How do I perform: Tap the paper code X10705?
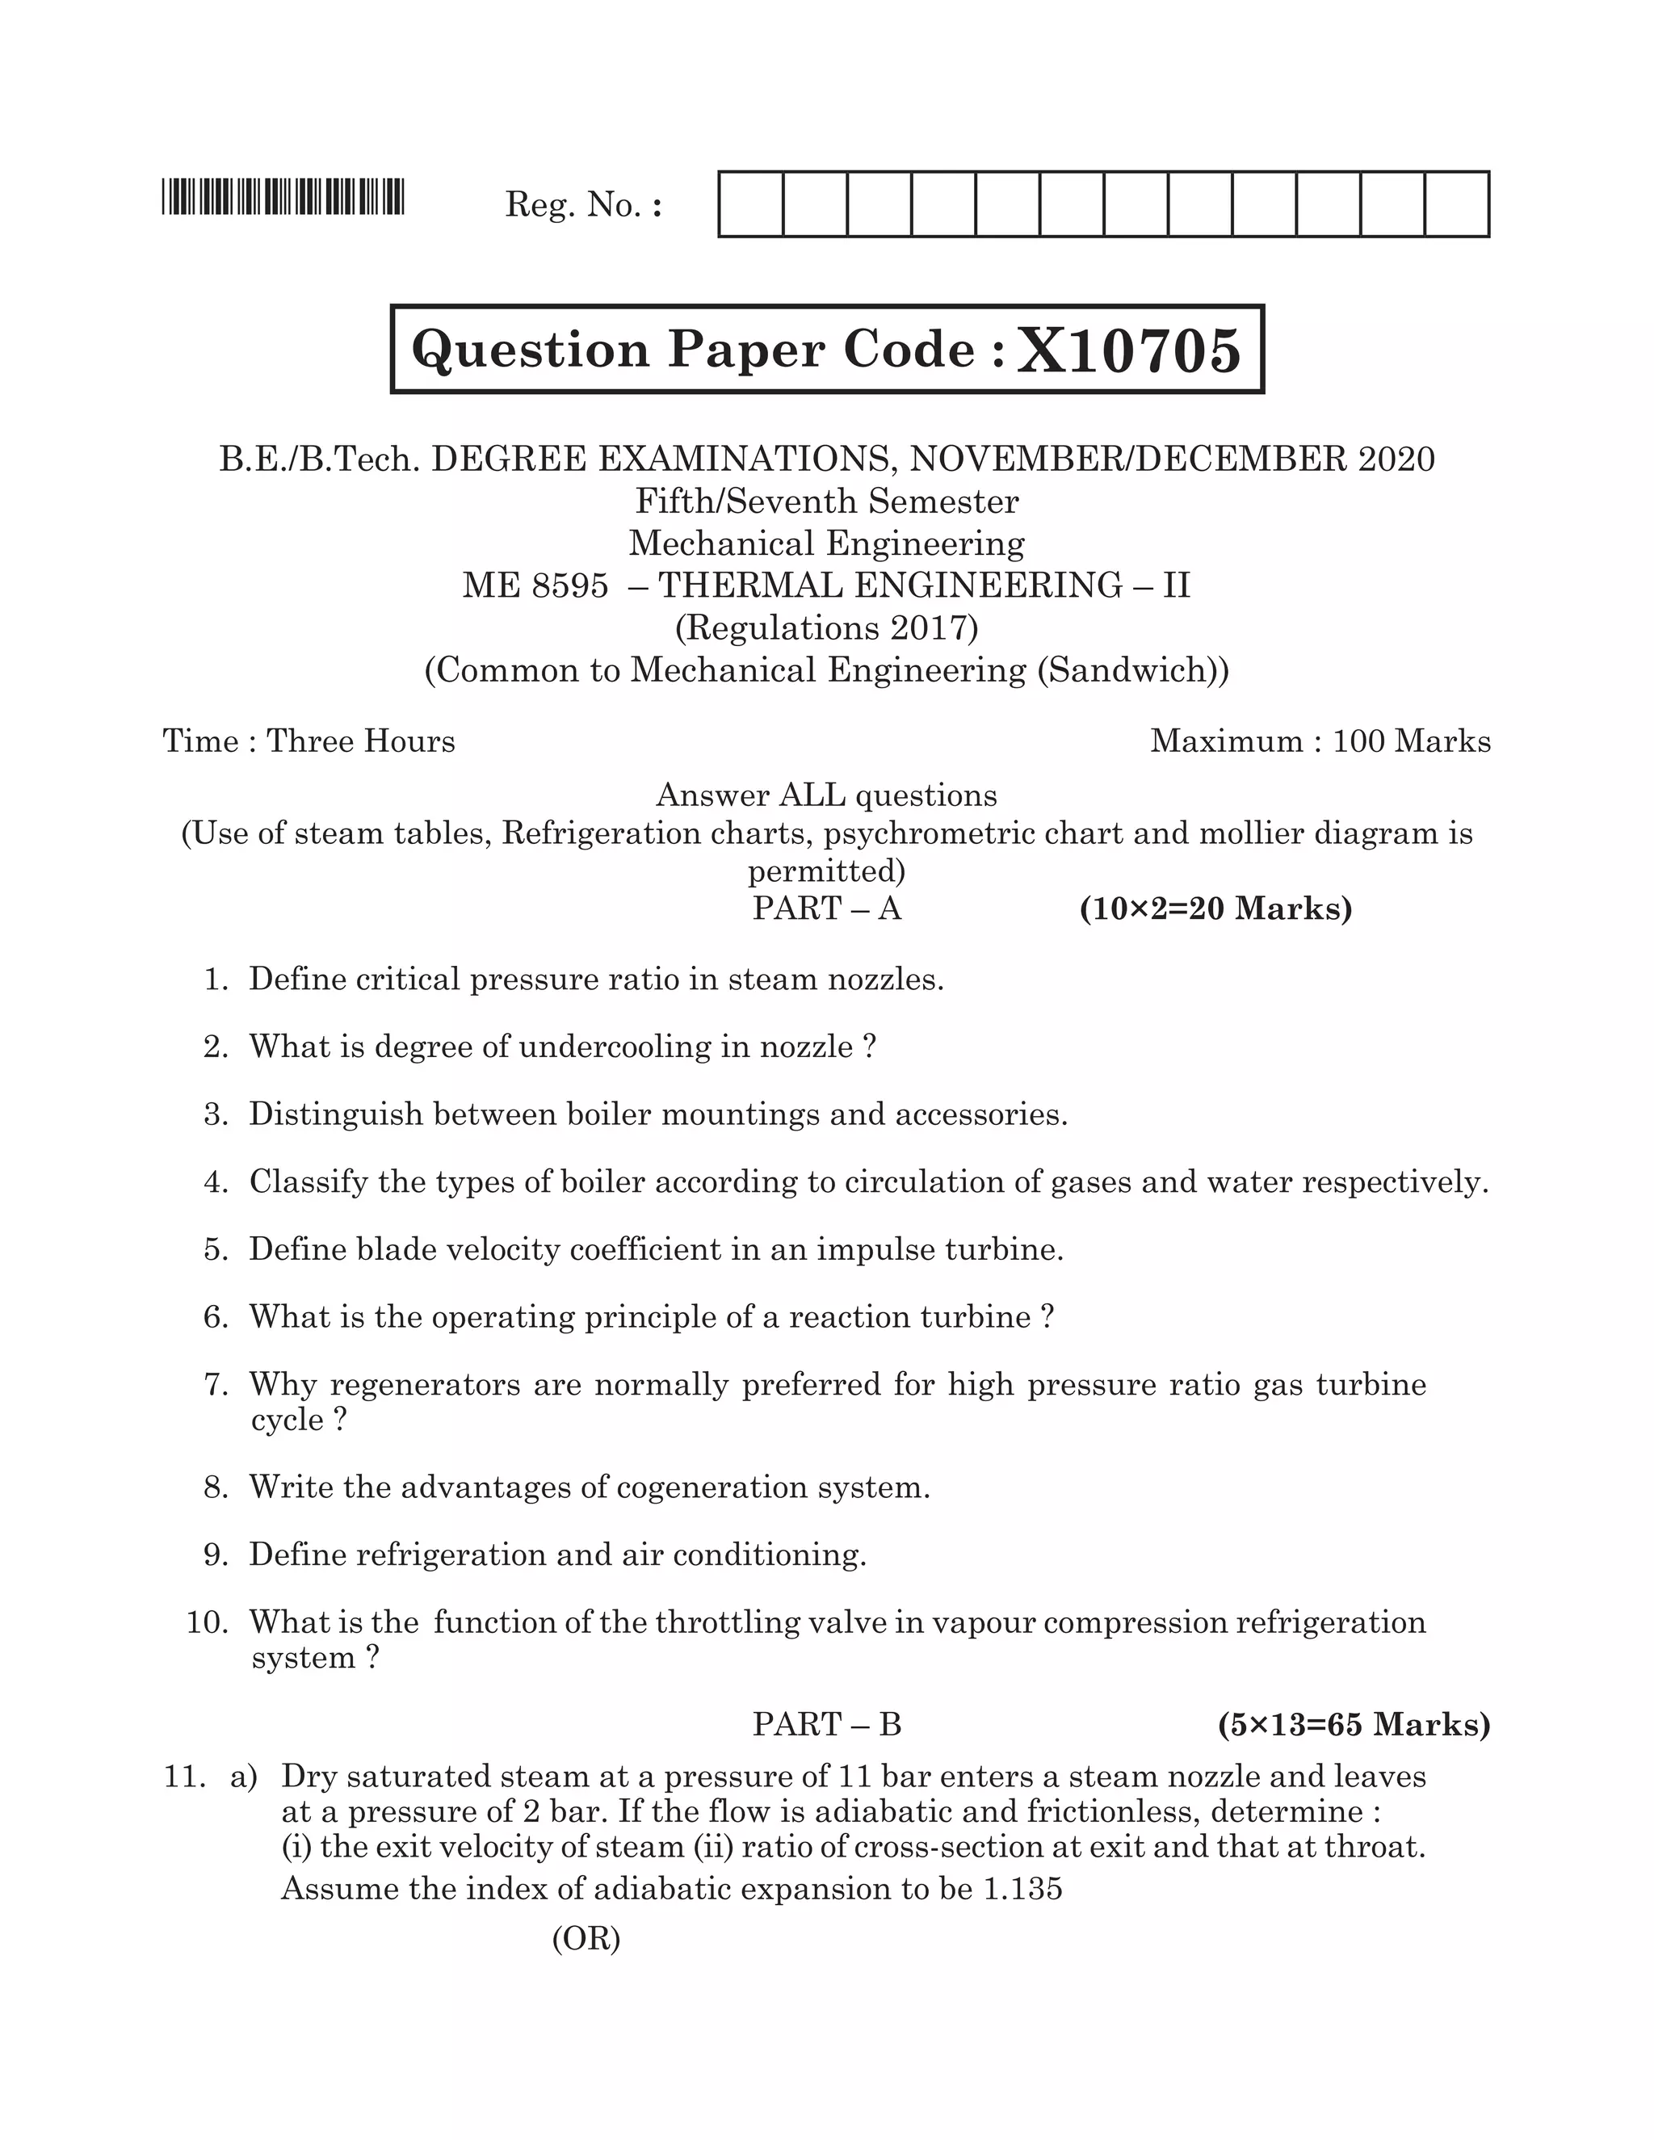click(1129, 350)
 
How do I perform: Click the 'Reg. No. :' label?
click(584, 205)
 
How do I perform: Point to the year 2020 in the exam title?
click(1396, 459)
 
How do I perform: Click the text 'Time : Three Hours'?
click(309, 741)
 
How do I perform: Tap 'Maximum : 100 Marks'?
click(1320, 741)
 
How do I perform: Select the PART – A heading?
click(826, 908)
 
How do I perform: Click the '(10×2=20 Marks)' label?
click(1215, 908)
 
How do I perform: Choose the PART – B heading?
click(826, 1723)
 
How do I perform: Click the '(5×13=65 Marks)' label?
click(1354, 1723)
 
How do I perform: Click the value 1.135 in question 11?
click(1022, 1888)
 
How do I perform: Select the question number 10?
click(207, 1622)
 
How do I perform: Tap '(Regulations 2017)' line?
click(826, 628)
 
